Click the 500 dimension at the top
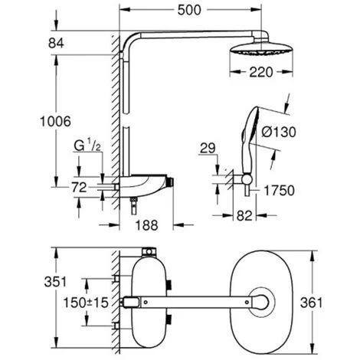(x=189, y=10)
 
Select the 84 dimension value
(x=56, y=43)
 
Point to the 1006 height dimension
(x=55, y=121)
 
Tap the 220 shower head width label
(x=261, y=72)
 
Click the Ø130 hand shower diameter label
(x=279, y=132)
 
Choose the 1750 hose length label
(x=279, y=191)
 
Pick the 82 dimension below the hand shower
(x=244, y=216)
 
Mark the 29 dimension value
(x=208, y=148)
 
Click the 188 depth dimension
(x=146, y=225)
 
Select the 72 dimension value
(x=79, y=188)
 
